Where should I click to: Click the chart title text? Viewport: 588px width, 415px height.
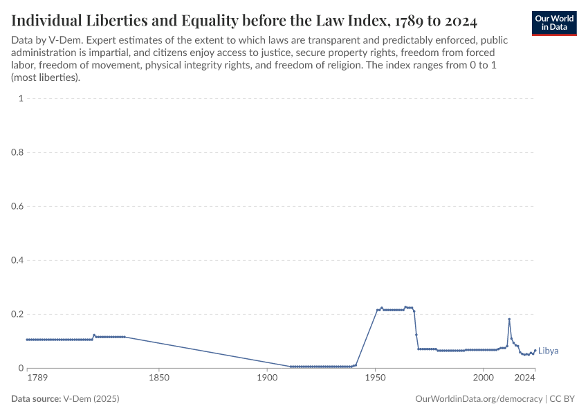click(x=244, y=19)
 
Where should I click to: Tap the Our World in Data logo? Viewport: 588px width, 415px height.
click(x=554, y=23)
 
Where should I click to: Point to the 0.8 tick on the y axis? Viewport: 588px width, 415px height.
click(x=17, y=152)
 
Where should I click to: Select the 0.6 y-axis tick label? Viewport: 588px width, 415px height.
click(x=17, y=206)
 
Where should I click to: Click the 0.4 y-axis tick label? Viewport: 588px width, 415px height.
click(x=17, y=260)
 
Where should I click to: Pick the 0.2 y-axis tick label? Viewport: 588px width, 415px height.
click(x=17, y=314)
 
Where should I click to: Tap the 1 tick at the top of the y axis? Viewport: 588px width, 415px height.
click(x=21, y=98)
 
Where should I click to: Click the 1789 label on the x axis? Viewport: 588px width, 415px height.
click(x=37, y=378)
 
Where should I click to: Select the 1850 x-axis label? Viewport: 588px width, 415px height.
click(x=159, y=378)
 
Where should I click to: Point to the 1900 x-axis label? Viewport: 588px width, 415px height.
click(x=267, y=378)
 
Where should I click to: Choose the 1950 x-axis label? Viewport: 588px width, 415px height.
click(x=375, y=378)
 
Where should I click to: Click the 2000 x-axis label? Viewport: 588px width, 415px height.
click(x=484, y=378)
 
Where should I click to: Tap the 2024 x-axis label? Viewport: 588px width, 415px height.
click(x=525, y=378)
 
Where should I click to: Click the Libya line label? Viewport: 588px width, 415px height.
click(x=548, y=351)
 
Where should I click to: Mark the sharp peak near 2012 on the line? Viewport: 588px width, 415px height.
click(x=509, y=319)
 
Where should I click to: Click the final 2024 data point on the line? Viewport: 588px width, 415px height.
click(x=535, y=350)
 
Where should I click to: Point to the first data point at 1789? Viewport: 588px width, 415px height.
click(x=27, y=340)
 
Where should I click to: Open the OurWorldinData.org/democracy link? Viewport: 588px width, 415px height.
click(x=479, y=399)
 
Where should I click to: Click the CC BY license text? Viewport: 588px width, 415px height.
click(x=563, y=399)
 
